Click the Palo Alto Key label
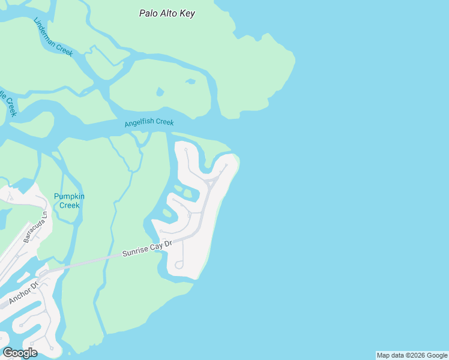(x=167, y=13)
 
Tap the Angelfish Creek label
(x=149, y=122)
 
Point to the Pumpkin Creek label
(x=69, y=200)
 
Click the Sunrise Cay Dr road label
(x=147, y=249)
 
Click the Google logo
(x=20, y=353)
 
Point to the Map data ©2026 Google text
(x=412, y=355)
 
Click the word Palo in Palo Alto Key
(x=149, y=13)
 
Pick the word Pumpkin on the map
(x=69, y=196)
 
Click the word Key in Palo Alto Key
(x=187, y=13)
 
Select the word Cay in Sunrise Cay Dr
(x=158, y=246)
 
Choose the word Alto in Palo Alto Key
(x=169, y=13)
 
